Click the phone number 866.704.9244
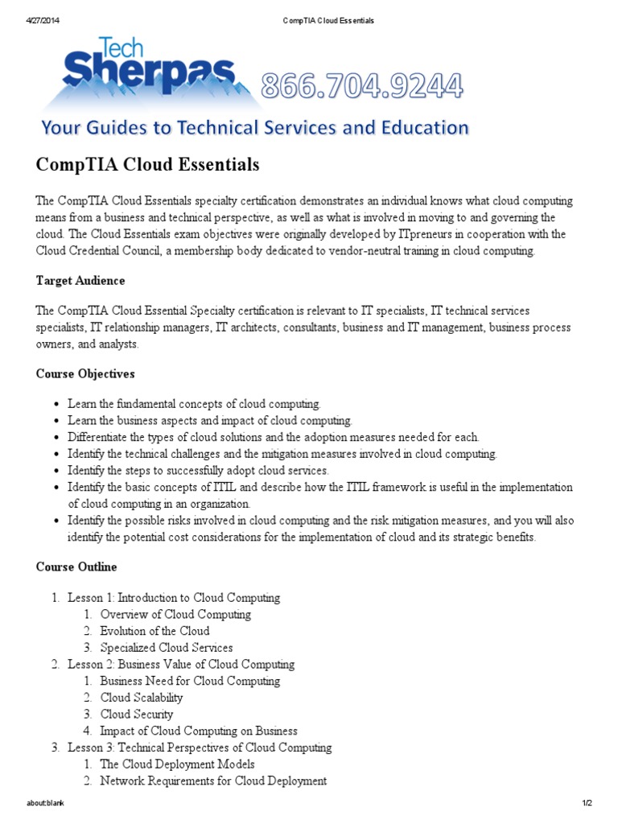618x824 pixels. click(x=361, y=86)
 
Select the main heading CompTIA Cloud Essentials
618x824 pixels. click(x=147, y=165)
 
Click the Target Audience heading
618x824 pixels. click(x=80, y=281)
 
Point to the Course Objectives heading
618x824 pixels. click(x=85, y=373)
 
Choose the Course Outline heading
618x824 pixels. click(x=76, y=567)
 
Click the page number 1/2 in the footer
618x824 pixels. click(x=587, y=804)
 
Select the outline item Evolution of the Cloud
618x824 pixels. click(x=154, y=631)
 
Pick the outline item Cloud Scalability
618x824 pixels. click(x=142, y=698)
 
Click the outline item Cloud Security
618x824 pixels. click(x=137, y=714)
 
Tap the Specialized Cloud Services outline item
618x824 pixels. click(x=167, y=648)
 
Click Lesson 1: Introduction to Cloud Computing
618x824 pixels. click(x=174, y=598)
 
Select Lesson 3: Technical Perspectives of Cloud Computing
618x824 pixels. click(x=200, y=748)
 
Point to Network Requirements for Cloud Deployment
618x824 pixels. click(x=213, y=781)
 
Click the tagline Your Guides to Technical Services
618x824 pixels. click(x=254, y=127)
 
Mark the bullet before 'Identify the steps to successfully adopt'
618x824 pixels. click(x=56, y=471)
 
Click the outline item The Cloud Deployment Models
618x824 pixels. click(x=177, y=764)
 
